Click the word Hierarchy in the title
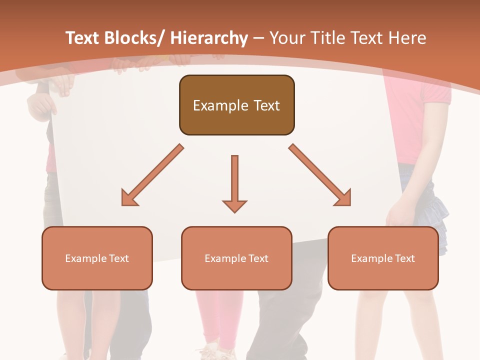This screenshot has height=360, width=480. point(209,38)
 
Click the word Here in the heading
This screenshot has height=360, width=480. point(407,38)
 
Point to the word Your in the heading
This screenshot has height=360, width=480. point(285,38)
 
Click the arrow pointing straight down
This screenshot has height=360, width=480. point(234,180)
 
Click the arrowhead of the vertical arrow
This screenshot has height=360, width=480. point(234,206)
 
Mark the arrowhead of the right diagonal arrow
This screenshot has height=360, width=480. point(344,199)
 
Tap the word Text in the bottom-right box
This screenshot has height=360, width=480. point(404,258)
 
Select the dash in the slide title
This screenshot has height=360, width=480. point(258,38)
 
